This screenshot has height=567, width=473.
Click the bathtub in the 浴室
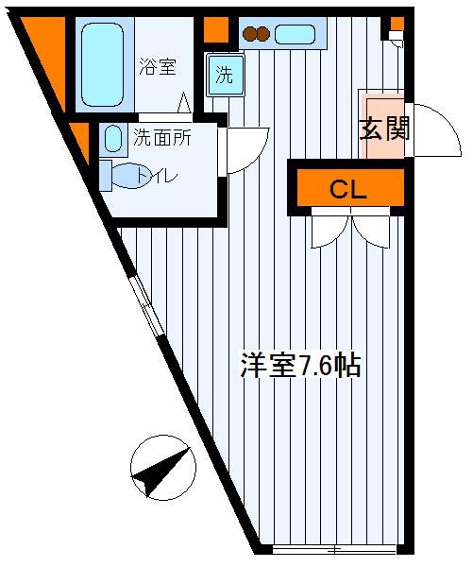click(103, 64)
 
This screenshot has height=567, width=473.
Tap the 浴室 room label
click(158, 67)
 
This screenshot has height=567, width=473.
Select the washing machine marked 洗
click(226, 75)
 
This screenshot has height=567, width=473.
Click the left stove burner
click(249, 34)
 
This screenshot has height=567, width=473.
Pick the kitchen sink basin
click(295, 34)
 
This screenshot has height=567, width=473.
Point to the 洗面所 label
click(162, 137)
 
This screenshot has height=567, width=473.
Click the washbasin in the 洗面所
click(113, 139)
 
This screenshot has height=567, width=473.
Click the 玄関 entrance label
click(385, 129)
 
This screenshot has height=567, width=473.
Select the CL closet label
click(348, 189)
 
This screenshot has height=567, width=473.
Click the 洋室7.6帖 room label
click(300, 365)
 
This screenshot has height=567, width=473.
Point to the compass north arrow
click(161, 472)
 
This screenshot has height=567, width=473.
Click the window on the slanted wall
click(146, 304)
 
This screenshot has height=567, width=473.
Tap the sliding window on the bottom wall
click(334, 550)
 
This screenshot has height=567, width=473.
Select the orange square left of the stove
click(216, 29)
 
